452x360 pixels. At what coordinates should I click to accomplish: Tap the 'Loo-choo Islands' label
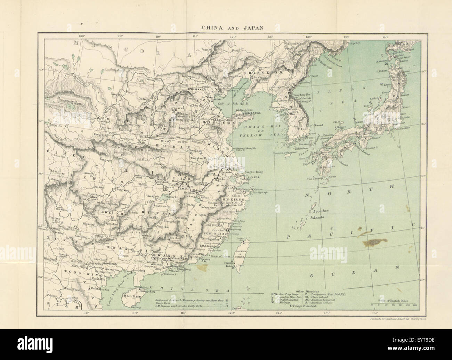pos(315,213)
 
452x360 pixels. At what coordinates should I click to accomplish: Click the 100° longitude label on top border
pos(82,36)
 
